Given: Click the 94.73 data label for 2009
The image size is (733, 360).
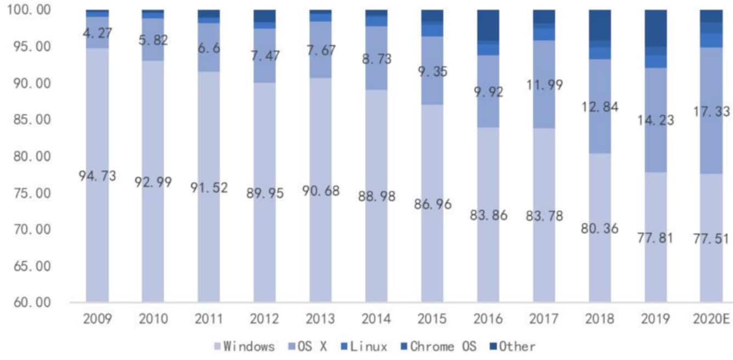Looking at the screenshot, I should click(97, 176).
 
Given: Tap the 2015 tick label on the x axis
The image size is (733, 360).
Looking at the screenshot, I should click(432, 319).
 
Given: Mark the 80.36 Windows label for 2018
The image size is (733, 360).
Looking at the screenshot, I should click(600, 227).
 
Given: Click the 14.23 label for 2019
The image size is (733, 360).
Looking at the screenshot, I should click(656, 120).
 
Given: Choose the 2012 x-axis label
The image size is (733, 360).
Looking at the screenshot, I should click(264, 319).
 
